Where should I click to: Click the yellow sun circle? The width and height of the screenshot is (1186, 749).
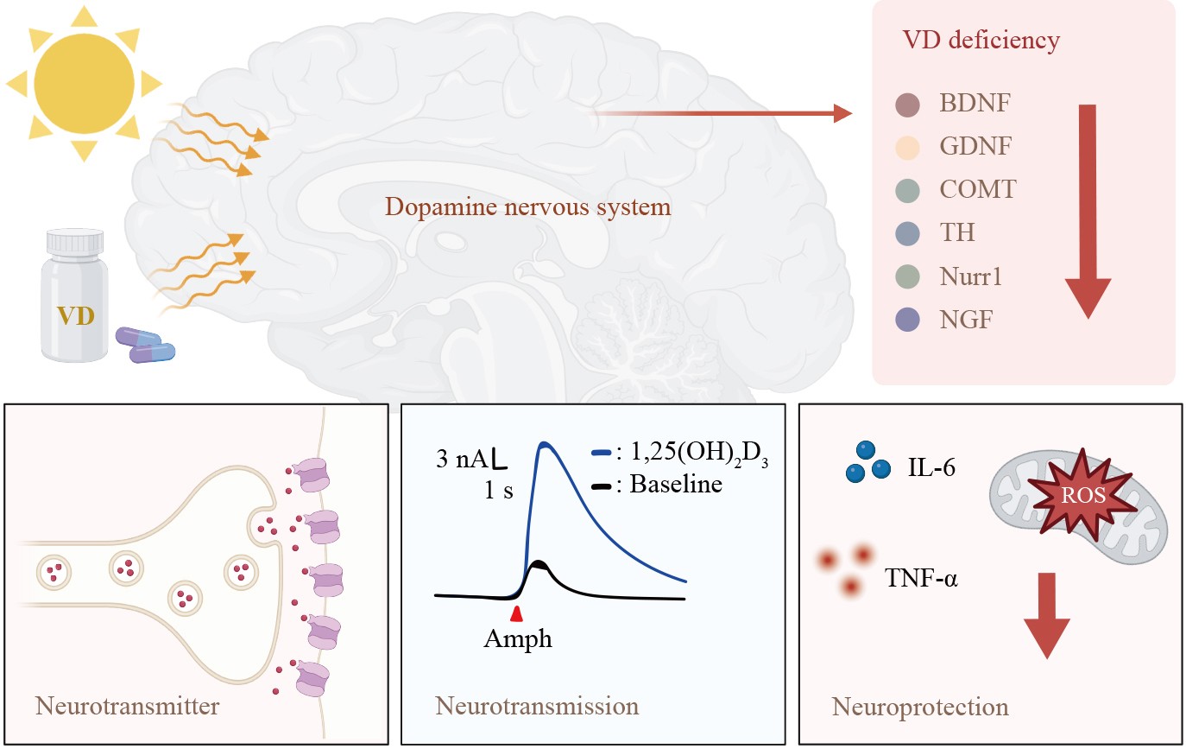(x=84, y=81)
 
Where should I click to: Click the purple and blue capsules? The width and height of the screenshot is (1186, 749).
(x=146, y=345)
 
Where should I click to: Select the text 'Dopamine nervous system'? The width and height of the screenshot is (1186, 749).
(x=528, y=207)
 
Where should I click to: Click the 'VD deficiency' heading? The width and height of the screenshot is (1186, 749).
(x=981, y=40)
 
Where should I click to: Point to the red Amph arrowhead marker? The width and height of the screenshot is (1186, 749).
(x=517, y=613)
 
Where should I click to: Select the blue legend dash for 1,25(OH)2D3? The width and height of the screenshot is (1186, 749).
(x=602, y=453)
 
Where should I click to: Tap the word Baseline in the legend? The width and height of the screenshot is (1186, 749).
(x=676, y=484)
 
